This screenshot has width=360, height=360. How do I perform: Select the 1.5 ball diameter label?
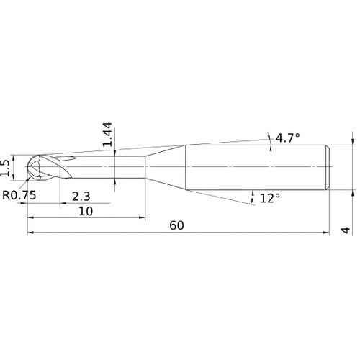[x=7, y=167]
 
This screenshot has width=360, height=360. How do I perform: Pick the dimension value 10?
[x=85, y=211]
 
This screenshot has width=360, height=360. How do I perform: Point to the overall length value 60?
[x=177, y=225]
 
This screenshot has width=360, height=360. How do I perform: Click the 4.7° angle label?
[x=286, y=137]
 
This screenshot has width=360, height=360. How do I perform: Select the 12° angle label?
[x=269, y=197]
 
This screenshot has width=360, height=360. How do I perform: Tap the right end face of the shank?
[x=330, y=168]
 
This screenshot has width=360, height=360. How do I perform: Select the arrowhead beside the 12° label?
[x=253, y=195]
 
